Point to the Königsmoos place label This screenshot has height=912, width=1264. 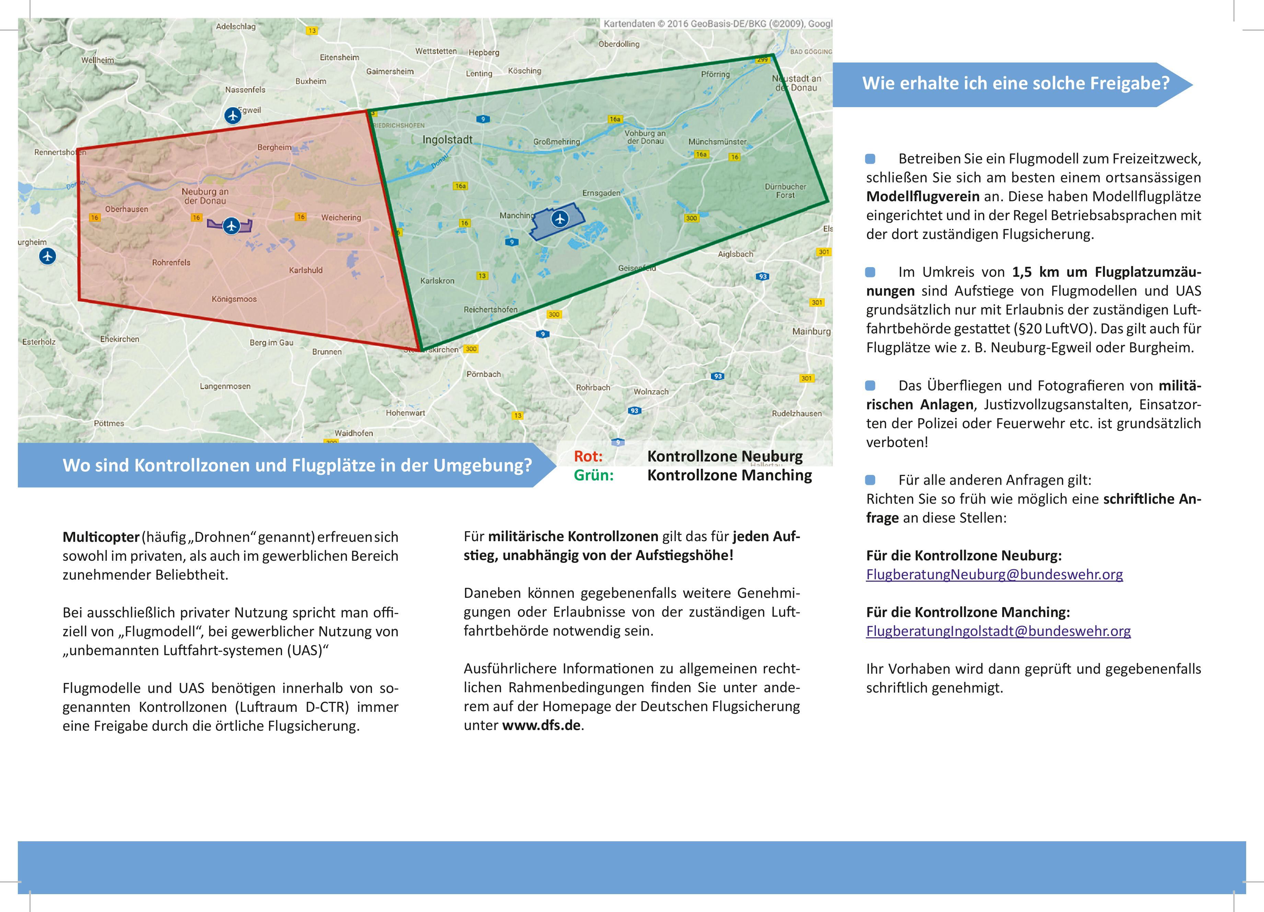tap(234, 299)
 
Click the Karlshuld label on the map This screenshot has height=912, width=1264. tap(305, 270)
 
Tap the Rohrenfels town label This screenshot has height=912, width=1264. tap(171, 263)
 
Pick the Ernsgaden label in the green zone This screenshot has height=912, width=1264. tap(601, 193)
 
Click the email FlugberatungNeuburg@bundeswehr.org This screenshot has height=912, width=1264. tap(994, 575)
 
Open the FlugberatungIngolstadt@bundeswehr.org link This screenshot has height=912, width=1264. tap(998, 631)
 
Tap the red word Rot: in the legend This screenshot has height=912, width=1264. tap(588, 457)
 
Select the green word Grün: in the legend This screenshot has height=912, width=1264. tap(593, 476)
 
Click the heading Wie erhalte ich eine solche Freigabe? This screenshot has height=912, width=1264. tap(1016, 84)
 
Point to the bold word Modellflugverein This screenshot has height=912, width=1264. tap(923, 197)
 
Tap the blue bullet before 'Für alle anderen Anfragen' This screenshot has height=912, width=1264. tap(870, 480)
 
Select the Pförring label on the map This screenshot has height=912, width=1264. tap(715, 74)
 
